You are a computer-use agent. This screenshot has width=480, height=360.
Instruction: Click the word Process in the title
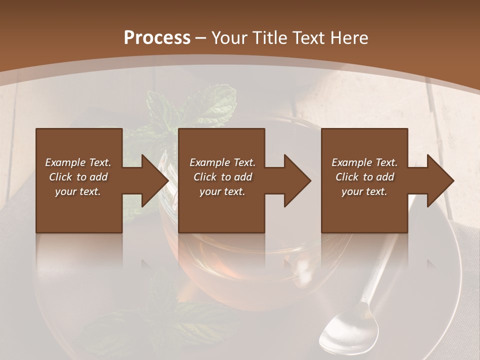click(157, 38)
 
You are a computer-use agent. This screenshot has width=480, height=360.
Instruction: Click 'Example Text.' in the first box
click(78, 162)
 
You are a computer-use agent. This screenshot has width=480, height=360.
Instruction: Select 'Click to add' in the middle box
click(222, 177)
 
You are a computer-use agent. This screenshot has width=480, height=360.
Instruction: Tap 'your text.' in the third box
click(364, 191)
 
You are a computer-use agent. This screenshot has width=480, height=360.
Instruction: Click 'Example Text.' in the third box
click(364, 162)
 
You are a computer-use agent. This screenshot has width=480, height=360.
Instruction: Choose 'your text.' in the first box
click(78, 191)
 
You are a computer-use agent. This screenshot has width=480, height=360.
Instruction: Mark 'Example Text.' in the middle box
click(222, 162)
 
